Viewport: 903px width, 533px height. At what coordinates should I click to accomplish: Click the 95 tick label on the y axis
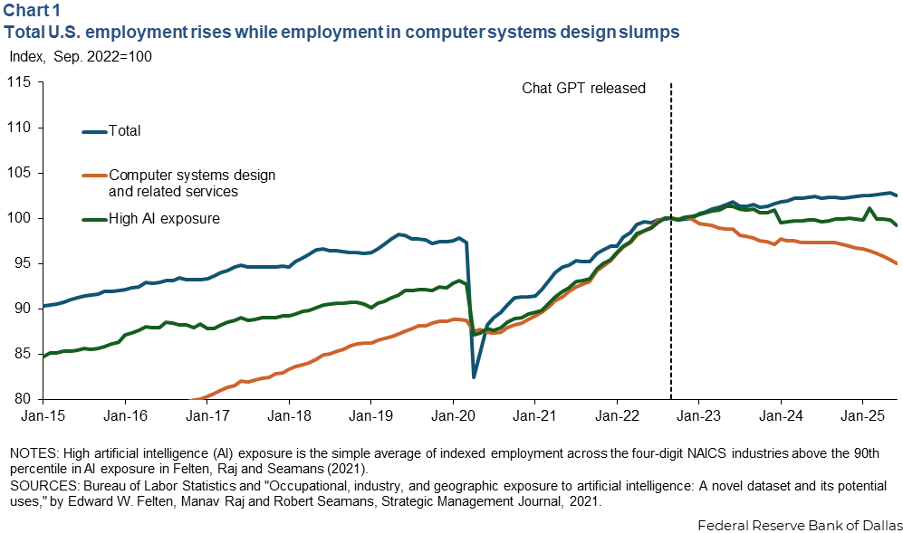point(22,263)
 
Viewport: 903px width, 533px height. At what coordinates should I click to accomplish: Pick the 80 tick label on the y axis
point(22,398)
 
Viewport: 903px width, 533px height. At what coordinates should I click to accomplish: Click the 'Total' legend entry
point(124,131)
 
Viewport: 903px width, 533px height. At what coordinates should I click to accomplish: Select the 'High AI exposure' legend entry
point(164,218)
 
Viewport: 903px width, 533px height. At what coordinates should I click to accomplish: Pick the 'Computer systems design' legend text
point(191,175)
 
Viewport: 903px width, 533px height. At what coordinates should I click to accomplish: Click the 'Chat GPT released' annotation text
point(583,89)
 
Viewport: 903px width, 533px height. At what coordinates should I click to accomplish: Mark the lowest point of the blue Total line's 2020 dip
point(473,377)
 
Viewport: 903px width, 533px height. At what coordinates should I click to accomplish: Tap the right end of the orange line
point(897,263)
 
